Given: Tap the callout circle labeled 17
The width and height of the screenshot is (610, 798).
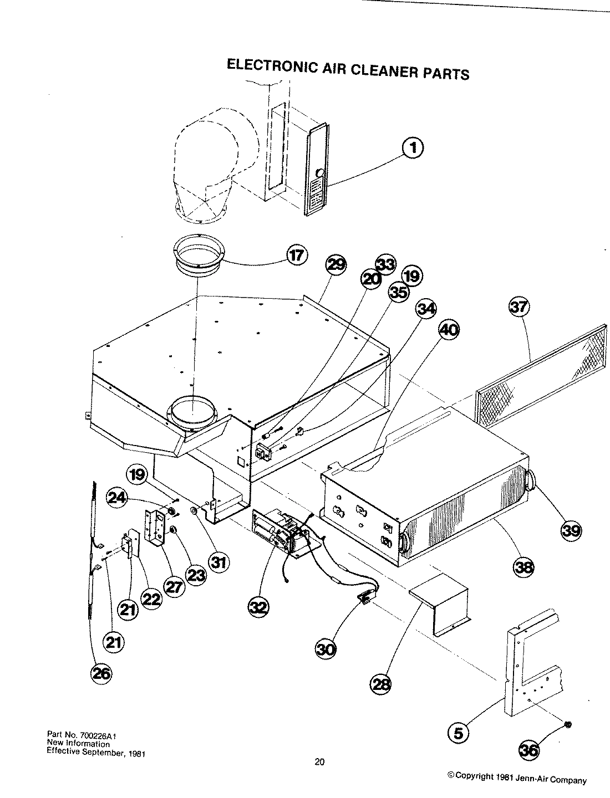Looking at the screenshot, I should point(297,255).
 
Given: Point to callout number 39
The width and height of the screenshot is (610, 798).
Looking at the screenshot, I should point(571,530).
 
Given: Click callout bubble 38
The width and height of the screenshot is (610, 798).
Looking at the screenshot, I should point(524,566).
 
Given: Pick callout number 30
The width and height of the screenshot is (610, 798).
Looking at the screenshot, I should point(326,648).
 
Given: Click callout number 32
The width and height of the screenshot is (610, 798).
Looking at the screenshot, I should point(258,607).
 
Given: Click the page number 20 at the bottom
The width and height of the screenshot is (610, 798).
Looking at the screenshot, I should point(319,761).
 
